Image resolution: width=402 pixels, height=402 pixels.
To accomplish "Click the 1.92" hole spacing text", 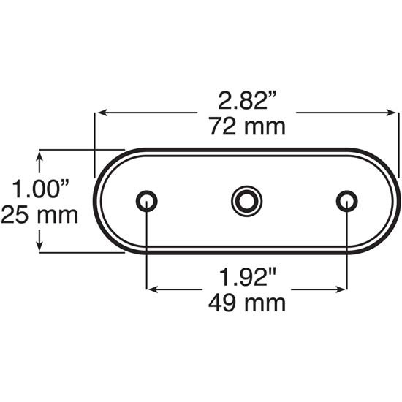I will (x=247, y=277).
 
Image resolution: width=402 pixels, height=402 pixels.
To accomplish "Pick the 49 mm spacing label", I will (x=247, y=302).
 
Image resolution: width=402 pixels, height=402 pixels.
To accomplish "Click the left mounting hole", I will (x=147, y=200).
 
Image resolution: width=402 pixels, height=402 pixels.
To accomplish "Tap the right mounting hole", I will (x=346, y=200).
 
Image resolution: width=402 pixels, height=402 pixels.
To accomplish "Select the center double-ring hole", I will (x=246, y=200).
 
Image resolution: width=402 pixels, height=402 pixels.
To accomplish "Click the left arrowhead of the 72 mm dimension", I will (x=102, y=113).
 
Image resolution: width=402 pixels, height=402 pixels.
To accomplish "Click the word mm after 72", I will (x=265, y=128).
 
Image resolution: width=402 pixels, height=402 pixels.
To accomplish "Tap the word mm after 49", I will (x=266, y=302).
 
